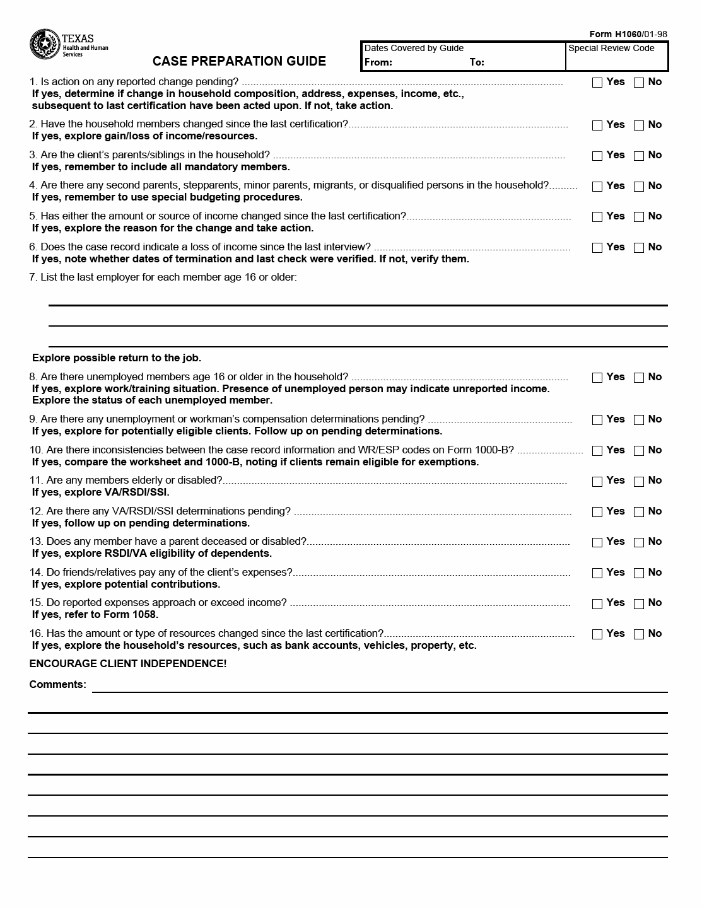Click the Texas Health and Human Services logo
[x=68, y=44]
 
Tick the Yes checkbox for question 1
[x=597, y=83]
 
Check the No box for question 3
[x=639, y=156]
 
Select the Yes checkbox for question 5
[x=597, y=217]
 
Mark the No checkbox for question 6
[x=639, y=248]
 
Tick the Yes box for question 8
[x=597, y=378]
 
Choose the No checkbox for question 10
[x=639, y=451]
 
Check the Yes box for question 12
[x=597, y=512]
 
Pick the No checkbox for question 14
[x=639, y=573]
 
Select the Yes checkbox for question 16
[x=597, y=634]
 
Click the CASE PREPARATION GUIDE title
[x=239, y=61]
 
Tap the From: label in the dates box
[x=378, y=62]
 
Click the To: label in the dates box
[x=477, y=62]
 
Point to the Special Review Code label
[x=611, y=49]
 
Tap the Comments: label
[x=57, y=685]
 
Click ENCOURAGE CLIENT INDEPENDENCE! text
[x=127, y=664]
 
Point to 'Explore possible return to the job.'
[x=117, y=358]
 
